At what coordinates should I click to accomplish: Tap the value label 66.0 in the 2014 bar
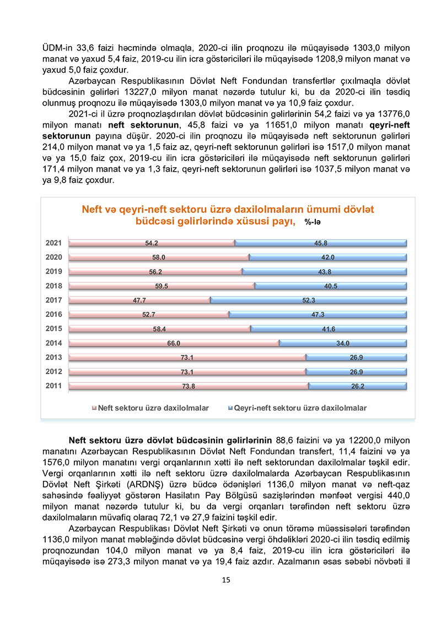(174, 343)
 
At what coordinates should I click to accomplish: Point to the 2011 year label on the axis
(53, 386)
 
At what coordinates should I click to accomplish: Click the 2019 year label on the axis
(53, 271)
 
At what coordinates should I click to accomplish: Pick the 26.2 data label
(358, 386)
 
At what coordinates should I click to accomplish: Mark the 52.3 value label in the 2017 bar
(308, 300)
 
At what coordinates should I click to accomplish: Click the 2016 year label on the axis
(53, 314)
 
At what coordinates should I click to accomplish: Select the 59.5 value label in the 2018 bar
(161, 286)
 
